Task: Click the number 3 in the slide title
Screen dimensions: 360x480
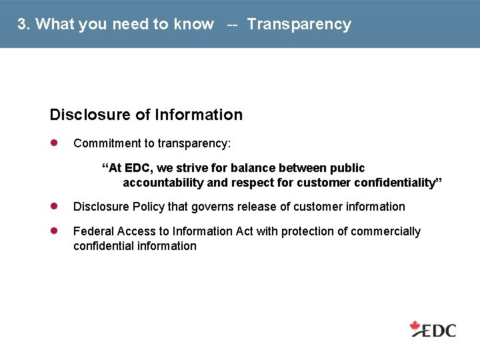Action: click(x=22, y=25)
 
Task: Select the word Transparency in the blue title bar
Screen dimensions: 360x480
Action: click(x=299, y=25)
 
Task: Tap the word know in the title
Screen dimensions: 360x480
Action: click(x=193, y=25)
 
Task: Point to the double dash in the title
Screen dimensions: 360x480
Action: click(x=232, y=25)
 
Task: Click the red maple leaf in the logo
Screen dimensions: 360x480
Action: click(x=417, y=327)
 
